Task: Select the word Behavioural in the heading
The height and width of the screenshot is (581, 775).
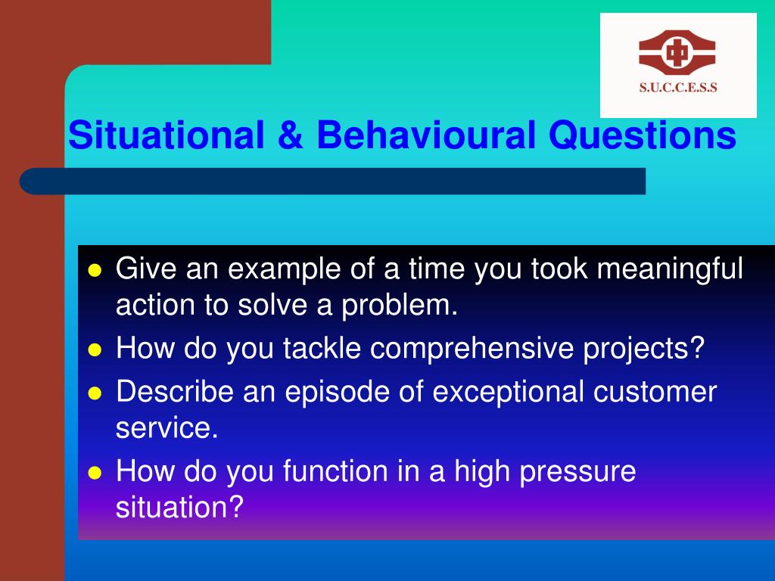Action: (426, 135)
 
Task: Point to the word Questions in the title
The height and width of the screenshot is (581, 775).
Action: (643, 135)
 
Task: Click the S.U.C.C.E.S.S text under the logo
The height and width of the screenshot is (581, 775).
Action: (678, 88)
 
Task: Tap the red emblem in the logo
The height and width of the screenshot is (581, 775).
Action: (677, 52)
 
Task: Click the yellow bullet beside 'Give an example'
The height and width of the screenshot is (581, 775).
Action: (95, 271)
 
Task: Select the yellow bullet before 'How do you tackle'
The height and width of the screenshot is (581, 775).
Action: (95, 350)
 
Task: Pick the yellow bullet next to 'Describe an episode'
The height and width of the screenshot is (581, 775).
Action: (95, 393)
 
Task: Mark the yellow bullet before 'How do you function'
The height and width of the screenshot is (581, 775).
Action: (95, 473)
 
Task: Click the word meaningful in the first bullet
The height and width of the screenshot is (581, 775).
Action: (670, 270)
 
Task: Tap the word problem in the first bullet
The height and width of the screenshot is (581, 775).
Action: (400, 306)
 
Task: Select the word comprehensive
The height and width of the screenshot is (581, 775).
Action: (472, 350)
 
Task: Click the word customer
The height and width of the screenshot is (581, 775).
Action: (655, 393)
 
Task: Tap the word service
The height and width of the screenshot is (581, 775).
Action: (167, 428)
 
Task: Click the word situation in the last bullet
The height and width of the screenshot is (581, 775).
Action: (179, 508)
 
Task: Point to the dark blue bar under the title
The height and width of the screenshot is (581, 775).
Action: (333, 182)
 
